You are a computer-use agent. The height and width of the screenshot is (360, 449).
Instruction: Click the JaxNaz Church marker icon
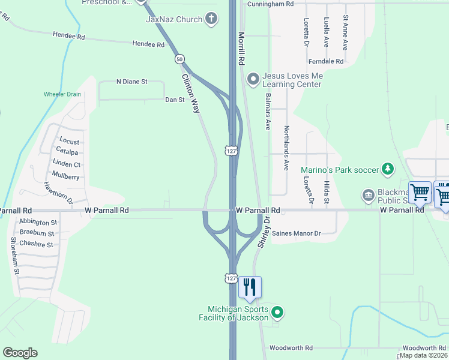pyautogui.click(x=211, y=19)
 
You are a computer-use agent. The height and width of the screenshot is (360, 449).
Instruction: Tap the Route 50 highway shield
pyautogui.click(x=179, y=59)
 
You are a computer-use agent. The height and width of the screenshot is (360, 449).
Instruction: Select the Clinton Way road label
pyautogui.click(x=191, y=94)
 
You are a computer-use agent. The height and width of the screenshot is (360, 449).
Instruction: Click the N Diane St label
pyautogui.click(x=131, y=82)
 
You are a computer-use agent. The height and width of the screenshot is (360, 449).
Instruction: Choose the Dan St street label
pyautogui.click(x=175, y=100)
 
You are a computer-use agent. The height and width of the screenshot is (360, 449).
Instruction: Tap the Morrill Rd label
pyautogui.click(x=242, y=49)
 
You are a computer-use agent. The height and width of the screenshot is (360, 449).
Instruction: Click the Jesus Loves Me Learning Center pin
pyautogui.click(x=253, y=79)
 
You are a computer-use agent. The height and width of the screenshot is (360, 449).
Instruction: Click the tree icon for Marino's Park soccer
pyautogui.click(x=388, y=169)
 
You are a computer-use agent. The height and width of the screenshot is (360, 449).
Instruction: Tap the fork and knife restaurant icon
pyautogui.click(x=250, y=287)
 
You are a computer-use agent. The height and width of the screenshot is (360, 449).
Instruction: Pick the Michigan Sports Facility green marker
pyautogui.click(x=277, y=311)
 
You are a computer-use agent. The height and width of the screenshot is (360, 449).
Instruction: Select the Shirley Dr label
pyautogui.click(x=262, y=233)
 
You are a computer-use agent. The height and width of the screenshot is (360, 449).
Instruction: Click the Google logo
pyautogui.click(x=20, y=353)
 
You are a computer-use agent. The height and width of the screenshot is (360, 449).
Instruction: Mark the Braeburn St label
pyautogui.click(x=37, y=233)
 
